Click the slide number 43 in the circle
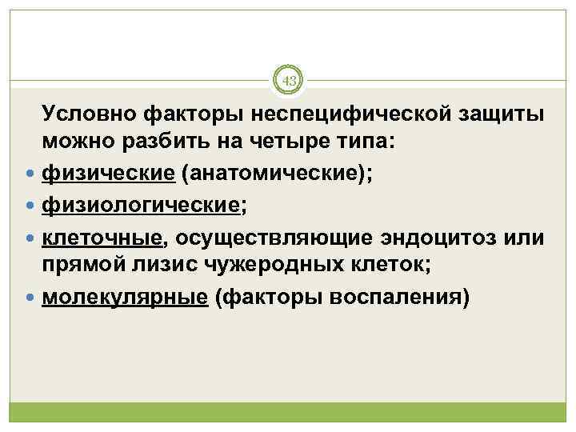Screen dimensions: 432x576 pos(288,81)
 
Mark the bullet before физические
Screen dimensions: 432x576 pos(30,174)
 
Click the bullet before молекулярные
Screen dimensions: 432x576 pos(30,298)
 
